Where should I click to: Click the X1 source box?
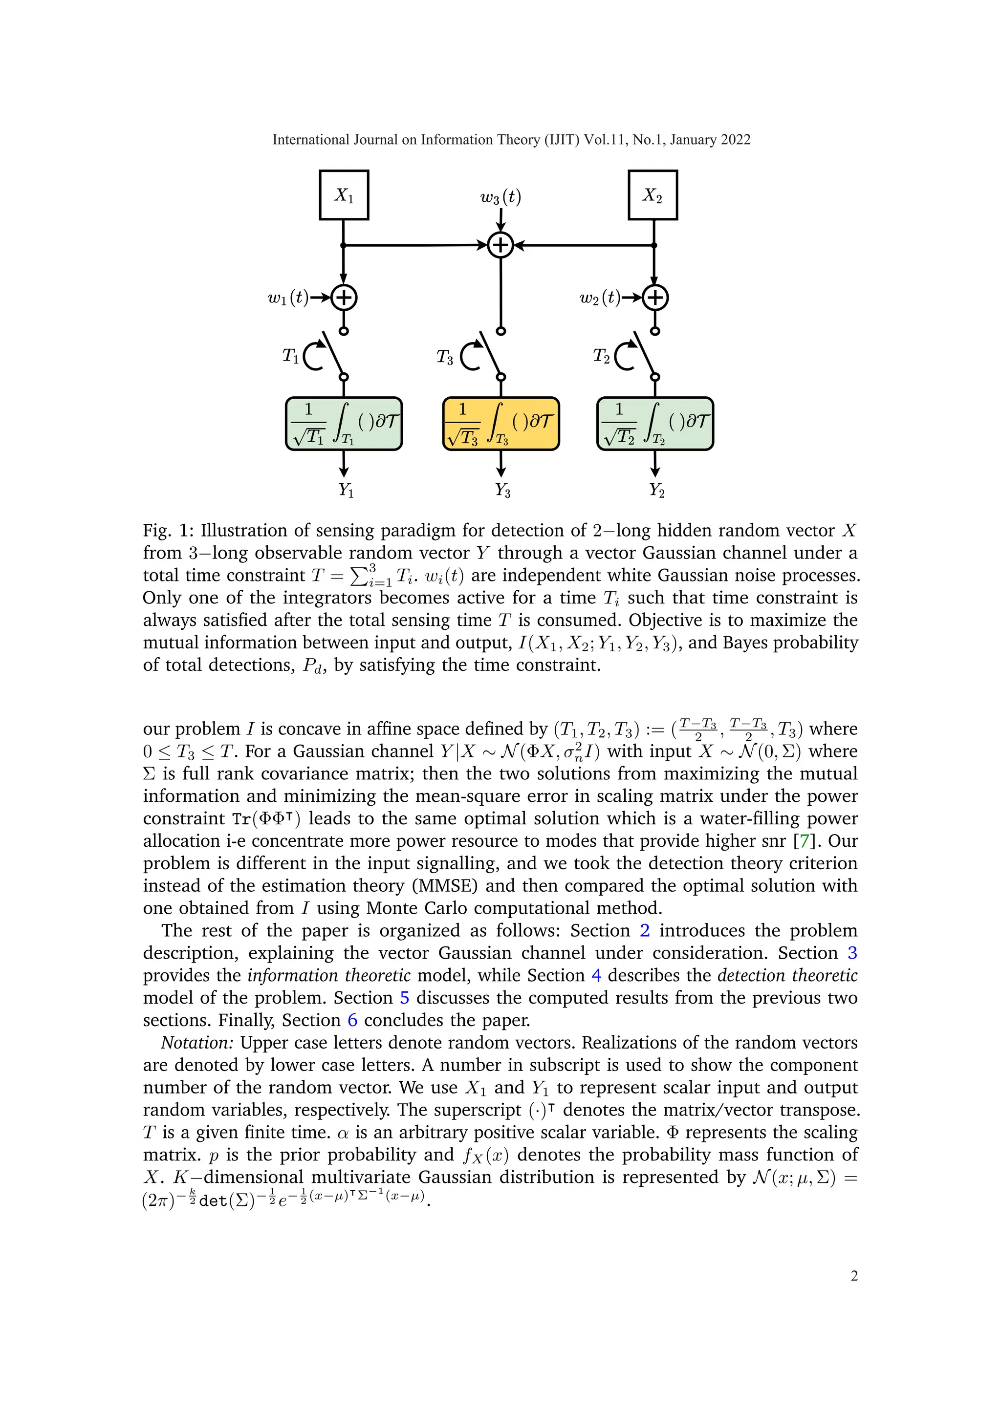(x=344, y=195)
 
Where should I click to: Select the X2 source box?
(x=653, y=195)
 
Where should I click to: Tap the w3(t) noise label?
(x=500, y=197)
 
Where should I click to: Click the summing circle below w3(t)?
(x=501, y=245)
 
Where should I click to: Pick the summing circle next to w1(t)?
(x=344, y=298)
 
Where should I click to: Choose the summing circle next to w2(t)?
(x=655, y=298)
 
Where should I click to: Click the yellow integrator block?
(x=501, y=424)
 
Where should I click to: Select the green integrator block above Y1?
(x=344, y=424)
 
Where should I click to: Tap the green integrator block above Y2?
(x=655, y=424)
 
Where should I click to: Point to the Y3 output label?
(x=502, y=491)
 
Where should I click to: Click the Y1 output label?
(x=346, y=491)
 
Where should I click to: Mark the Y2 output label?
(x=656, y=491)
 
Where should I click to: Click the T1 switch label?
(x=291, y=356)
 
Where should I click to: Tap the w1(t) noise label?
(x=288, y=298)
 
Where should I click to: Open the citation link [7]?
(x=805, y=841)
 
